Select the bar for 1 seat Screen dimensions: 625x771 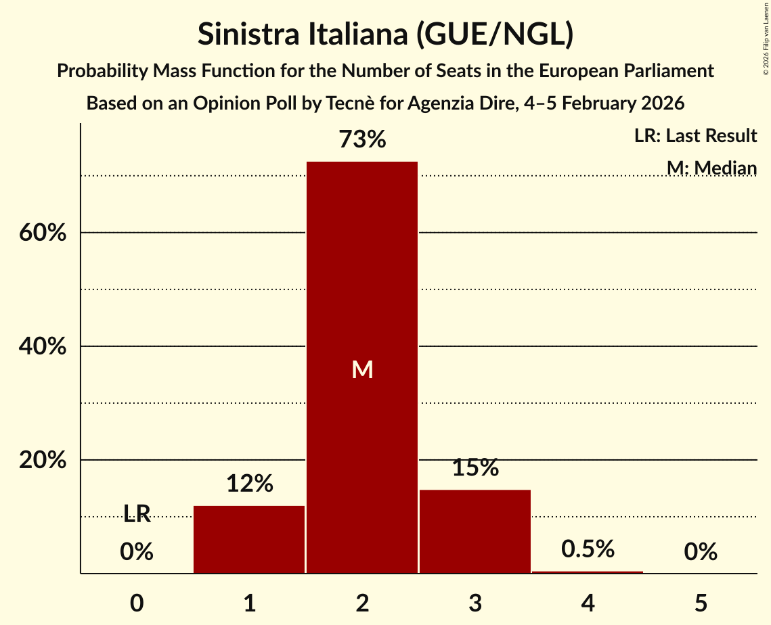point(249,539)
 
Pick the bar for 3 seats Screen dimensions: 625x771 point(475,531)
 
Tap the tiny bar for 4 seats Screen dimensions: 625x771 point(588,572)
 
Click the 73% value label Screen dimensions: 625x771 point(362,140)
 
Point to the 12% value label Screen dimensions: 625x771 point(249,484)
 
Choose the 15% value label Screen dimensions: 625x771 point(475,467)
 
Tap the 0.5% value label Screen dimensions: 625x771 point(588,549)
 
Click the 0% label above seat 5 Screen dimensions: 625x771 point(701,552)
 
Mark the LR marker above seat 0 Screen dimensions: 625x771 point(137,514)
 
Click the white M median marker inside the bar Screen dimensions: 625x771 point(362,369)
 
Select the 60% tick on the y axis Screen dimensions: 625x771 point(42,233)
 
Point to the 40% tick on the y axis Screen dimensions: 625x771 point(42,346)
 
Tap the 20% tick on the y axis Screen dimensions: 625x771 point(42,460)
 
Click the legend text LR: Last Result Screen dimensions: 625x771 point(695,136)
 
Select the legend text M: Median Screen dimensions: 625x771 point(711,167)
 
